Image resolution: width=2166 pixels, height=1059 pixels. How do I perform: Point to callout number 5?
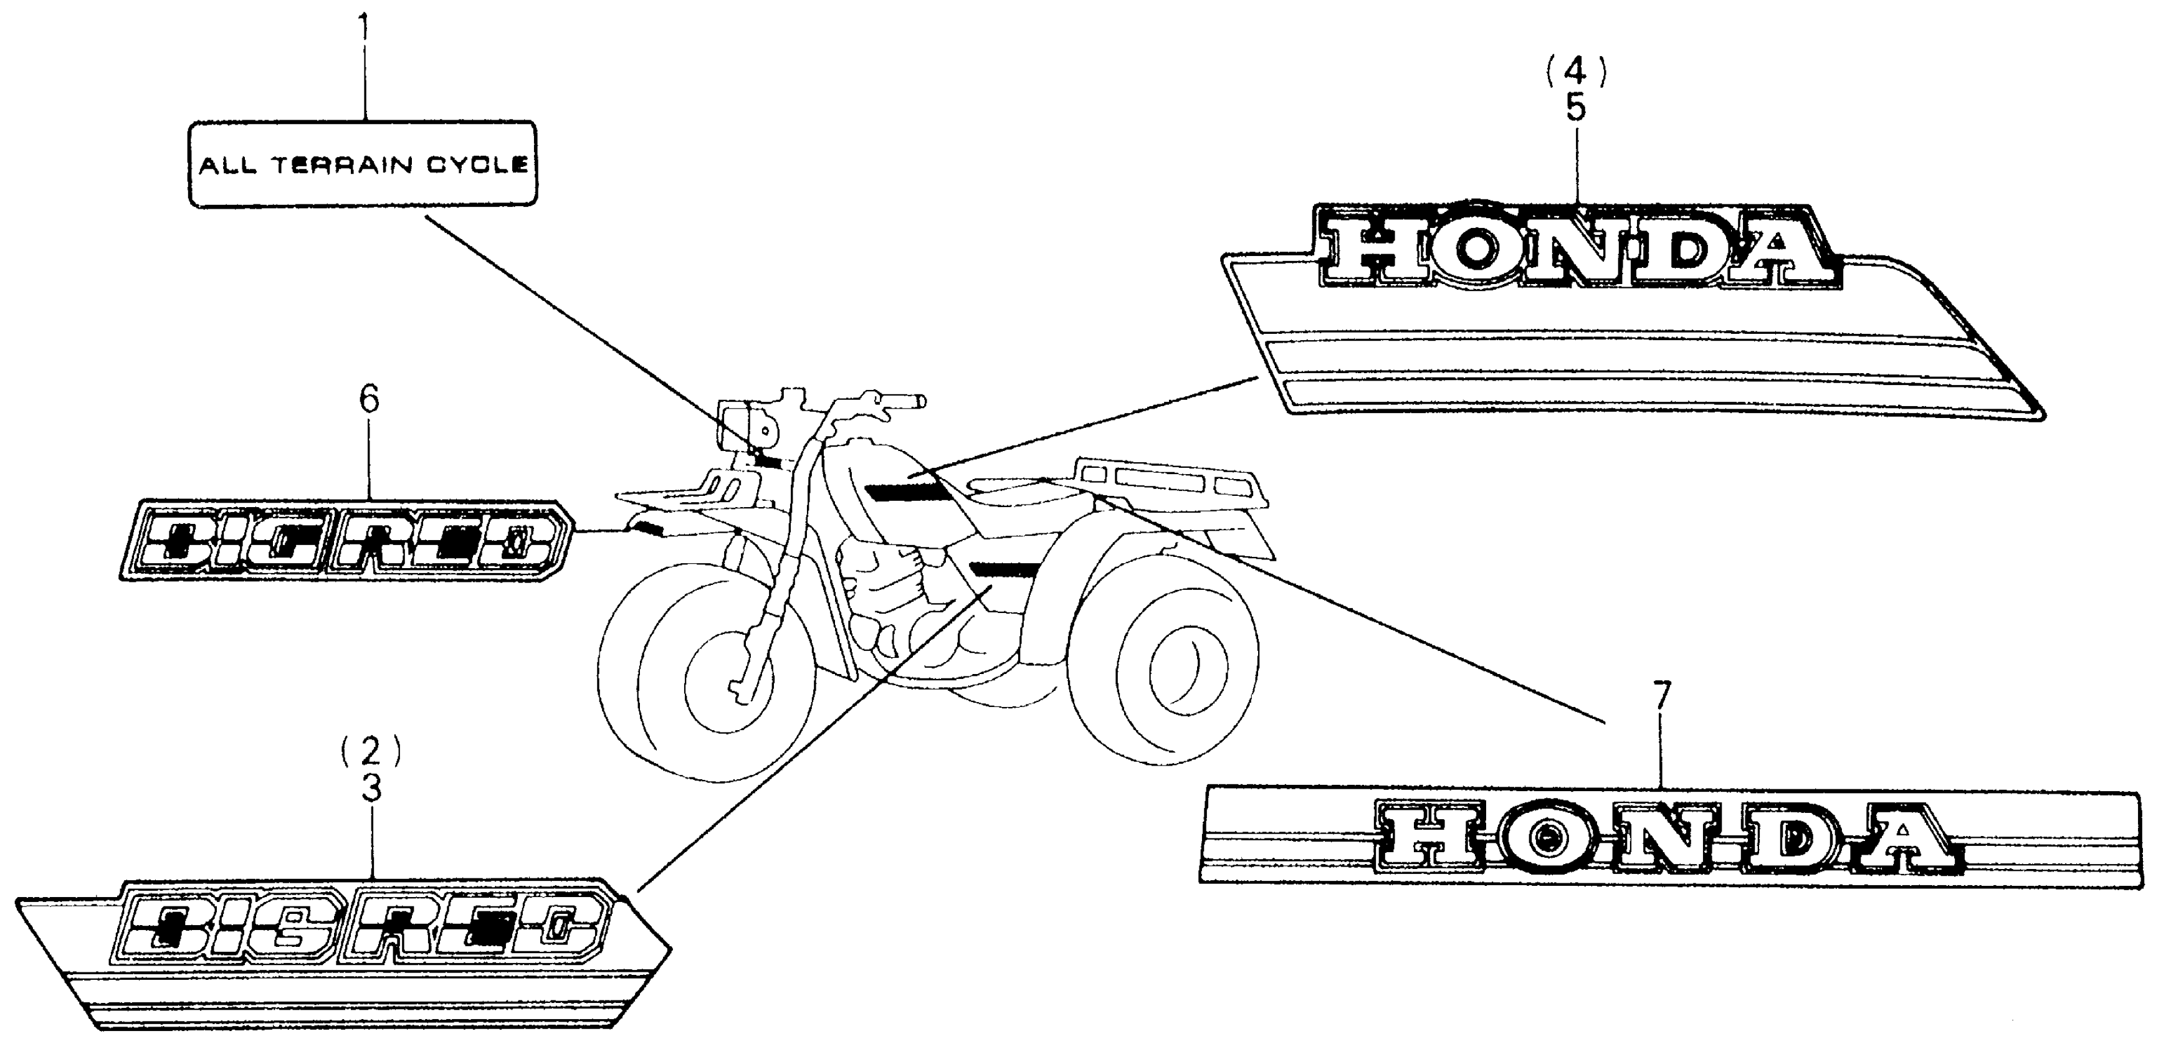[1576, 109]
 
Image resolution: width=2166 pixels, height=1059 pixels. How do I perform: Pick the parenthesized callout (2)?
[371, 751]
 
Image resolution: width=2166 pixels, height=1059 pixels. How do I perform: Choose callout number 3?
[371, 789]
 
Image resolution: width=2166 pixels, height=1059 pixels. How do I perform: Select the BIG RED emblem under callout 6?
[345, 542]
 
